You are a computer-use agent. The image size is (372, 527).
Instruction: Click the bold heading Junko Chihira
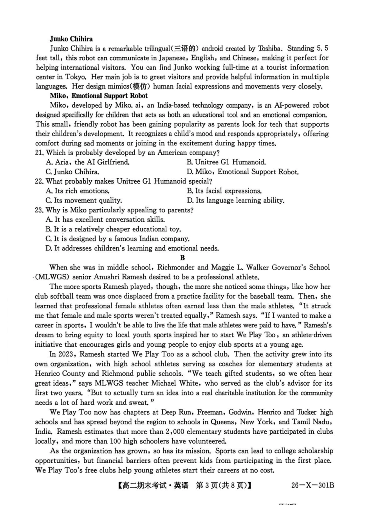coord(71,39)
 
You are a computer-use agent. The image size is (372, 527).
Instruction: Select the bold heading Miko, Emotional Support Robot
coord(98,96)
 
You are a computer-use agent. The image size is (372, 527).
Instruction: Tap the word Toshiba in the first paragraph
coord(270,49)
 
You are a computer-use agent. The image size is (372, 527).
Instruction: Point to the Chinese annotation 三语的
coord(186,49)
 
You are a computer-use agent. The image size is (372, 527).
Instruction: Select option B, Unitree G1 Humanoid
coord(226,162)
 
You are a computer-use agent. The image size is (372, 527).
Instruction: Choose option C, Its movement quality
coord(83,201)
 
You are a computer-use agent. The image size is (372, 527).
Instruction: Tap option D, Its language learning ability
coord(235,201)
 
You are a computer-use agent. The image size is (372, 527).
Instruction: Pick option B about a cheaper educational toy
coord(113,229)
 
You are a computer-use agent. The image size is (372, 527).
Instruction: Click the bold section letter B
coord(182,258)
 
